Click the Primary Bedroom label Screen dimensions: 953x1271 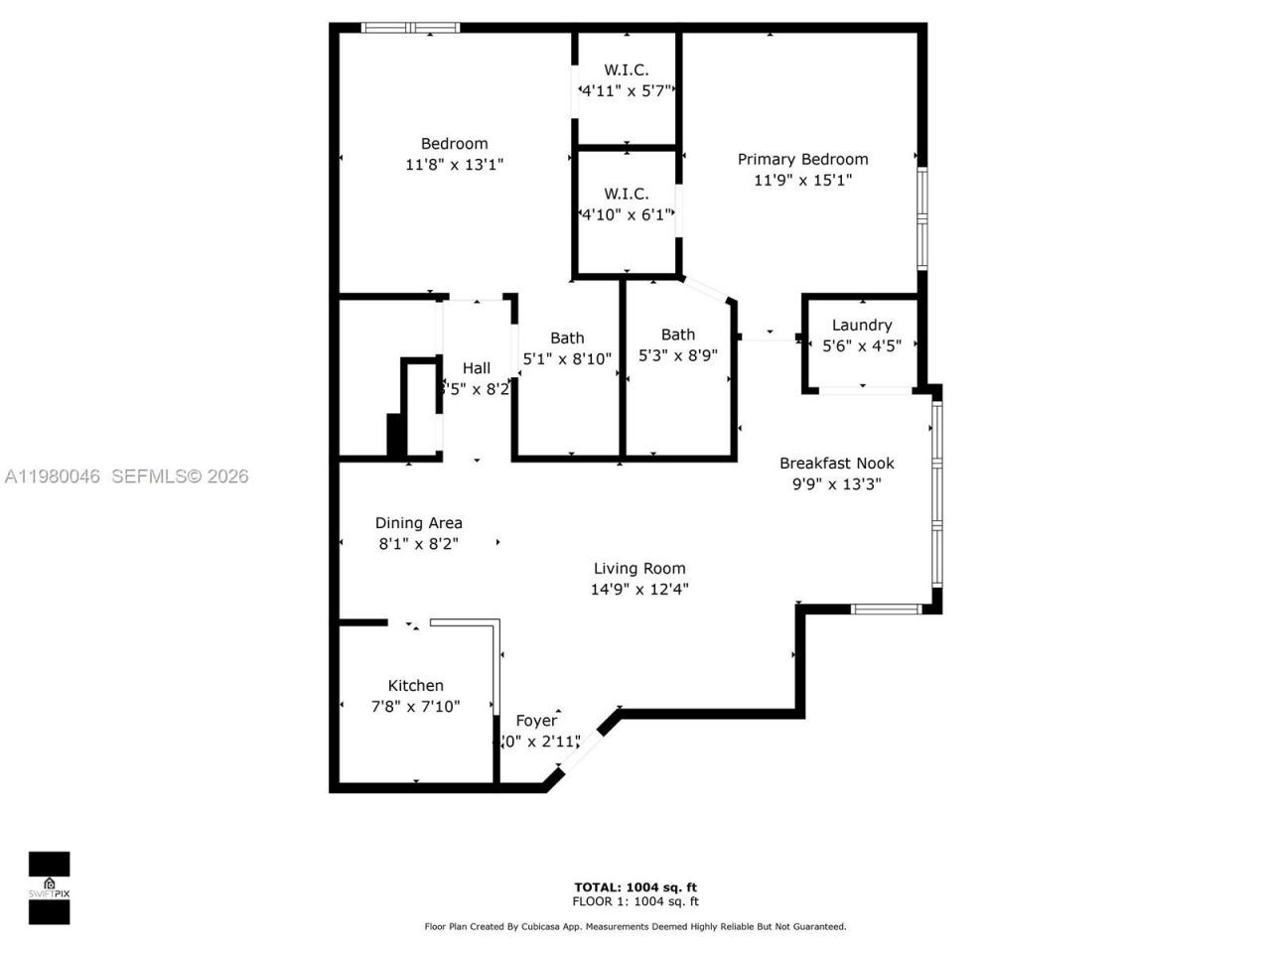click(x=802, y=159)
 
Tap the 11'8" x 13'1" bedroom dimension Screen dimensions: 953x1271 click(x=454, y=165)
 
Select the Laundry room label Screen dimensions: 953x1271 click(x=861, y=325)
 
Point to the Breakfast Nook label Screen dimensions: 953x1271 click(x=836, y=463)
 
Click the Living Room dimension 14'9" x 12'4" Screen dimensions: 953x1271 click(x=639, y=589)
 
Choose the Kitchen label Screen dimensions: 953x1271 click(x=415, y=685)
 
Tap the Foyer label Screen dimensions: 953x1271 click(x=536, y=721)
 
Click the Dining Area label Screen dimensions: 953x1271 click(x=418, y=522)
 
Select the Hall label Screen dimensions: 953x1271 click(x=476, y=367)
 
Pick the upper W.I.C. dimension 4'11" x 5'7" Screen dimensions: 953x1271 click(x=627, y=90)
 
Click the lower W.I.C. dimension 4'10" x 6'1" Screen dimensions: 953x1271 click(x=626, y=214)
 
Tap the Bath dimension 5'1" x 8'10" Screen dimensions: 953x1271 click(x=567, y=359)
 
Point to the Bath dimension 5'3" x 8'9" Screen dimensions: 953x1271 click(x=677, y=355)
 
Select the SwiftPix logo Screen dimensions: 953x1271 click(x=49, y=887)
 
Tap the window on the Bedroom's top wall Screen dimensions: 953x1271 click(x=410, y=28)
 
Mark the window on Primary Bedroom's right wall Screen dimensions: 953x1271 click(x=921, y=217)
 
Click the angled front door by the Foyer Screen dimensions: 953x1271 click(x=580, y=749)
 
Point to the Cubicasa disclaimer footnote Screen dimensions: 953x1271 click(x=635, y=926)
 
